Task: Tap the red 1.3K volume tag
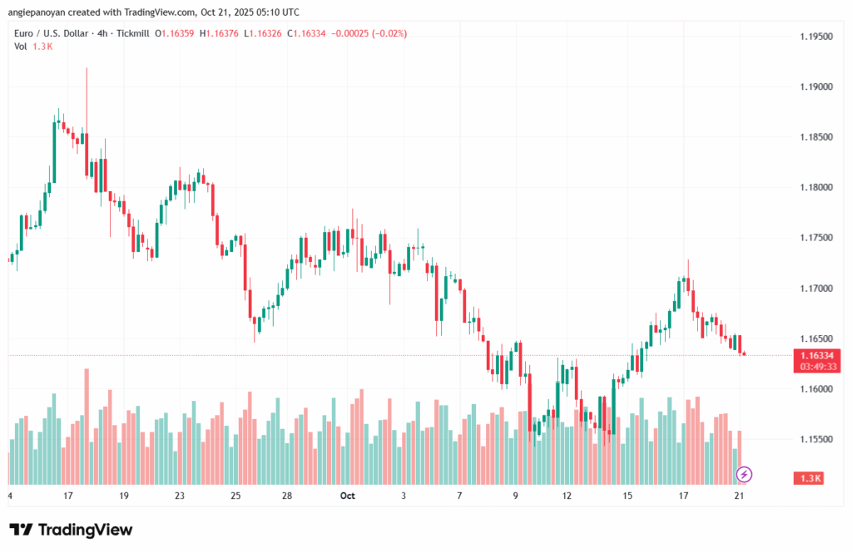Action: (x=810, y=478)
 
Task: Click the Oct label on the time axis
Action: (x=348, y=496)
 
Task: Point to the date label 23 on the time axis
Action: (x=180, y=496)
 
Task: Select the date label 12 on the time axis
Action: (x=567, y=496)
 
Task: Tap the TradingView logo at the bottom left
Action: (x=71, y=530)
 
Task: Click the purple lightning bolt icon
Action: (x=745, y=474)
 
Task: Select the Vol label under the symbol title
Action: (x=21, y=47)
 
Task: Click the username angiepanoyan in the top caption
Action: (x=40, y=12)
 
